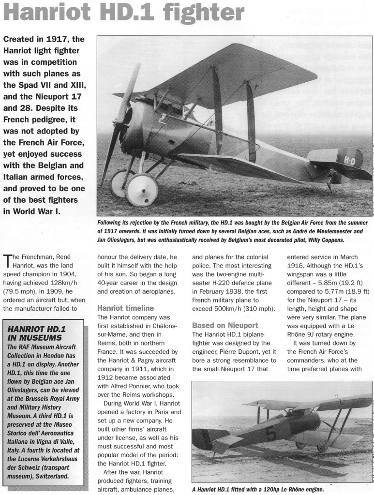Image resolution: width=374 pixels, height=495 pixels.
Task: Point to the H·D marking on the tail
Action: tap(337, 159)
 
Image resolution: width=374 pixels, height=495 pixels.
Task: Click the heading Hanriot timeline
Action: tap(126, 308)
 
